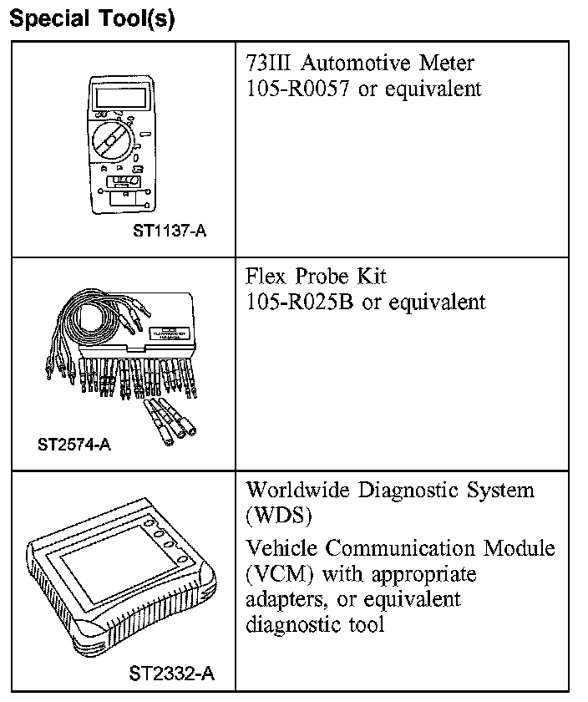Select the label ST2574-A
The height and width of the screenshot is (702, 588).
[x=74, y=444]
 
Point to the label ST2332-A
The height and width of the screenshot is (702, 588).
[x=171, y=673]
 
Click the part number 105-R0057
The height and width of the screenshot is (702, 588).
[x=298, y=89]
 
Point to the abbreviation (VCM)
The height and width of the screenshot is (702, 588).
[x=279, y=574]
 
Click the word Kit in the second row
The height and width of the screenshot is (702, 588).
[x=367, y=276]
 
